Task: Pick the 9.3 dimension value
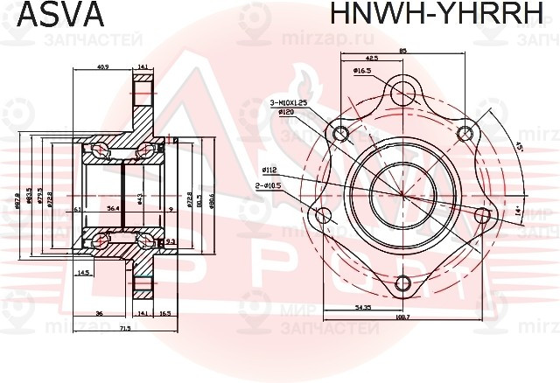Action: coord(171,241)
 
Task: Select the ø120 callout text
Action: coord(285,113)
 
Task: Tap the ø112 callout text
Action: coord(269,171)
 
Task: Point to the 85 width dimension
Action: coord(402,51)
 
